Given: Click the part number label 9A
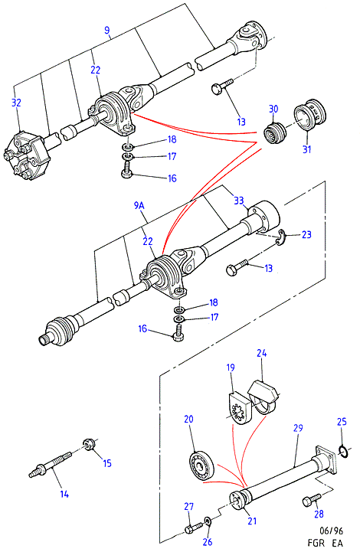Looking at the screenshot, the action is pyautogui.click(x=139, y=206).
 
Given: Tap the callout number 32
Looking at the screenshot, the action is pyautogui.click(x=16, y=103).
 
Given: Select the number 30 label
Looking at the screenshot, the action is pyautogui.click(x=273, y=109).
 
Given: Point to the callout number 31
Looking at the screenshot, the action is pyautogui.click(x=307, y=149).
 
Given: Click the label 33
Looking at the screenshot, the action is pyautogui.click(x=239, y=201).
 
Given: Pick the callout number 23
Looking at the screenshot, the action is pyautogui.click(x=306, y=234).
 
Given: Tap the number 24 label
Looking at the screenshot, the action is pyautogui.click(x=261, y=353).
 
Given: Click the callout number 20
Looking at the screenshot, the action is pyautogui.click(x=188, y=419).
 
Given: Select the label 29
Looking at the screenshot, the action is pyautogui.click(x=298, y=428).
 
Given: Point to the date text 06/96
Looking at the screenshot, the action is pyautogui.click(x=331, y=531).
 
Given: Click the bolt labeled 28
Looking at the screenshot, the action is pyautogui.click(x=312, y=499).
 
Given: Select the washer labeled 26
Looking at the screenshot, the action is pyautogui.click(x=208, y=521).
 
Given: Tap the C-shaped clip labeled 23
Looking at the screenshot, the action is pyautogui.click(x=281, y=237).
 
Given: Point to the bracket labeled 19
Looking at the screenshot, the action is pyautogui.click(x=240, y=408).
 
